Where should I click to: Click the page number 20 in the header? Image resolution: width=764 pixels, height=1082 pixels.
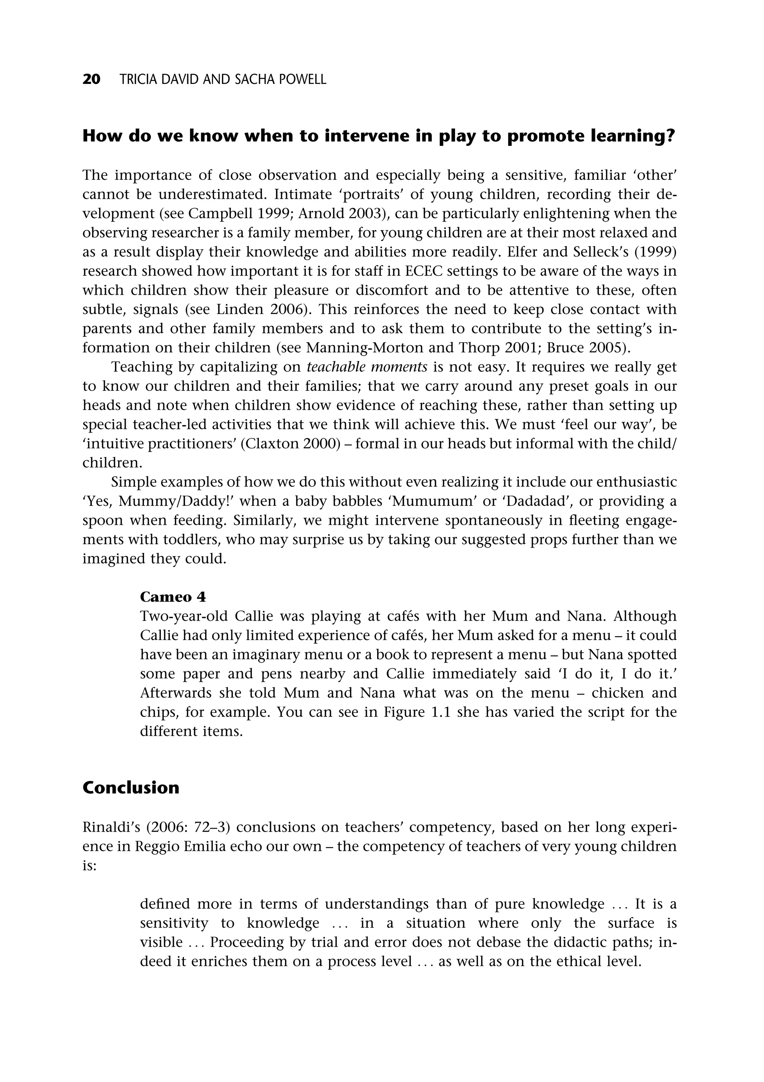tap(91, 80)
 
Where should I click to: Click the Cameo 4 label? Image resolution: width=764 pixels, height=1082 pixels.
tap(173, 597)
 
